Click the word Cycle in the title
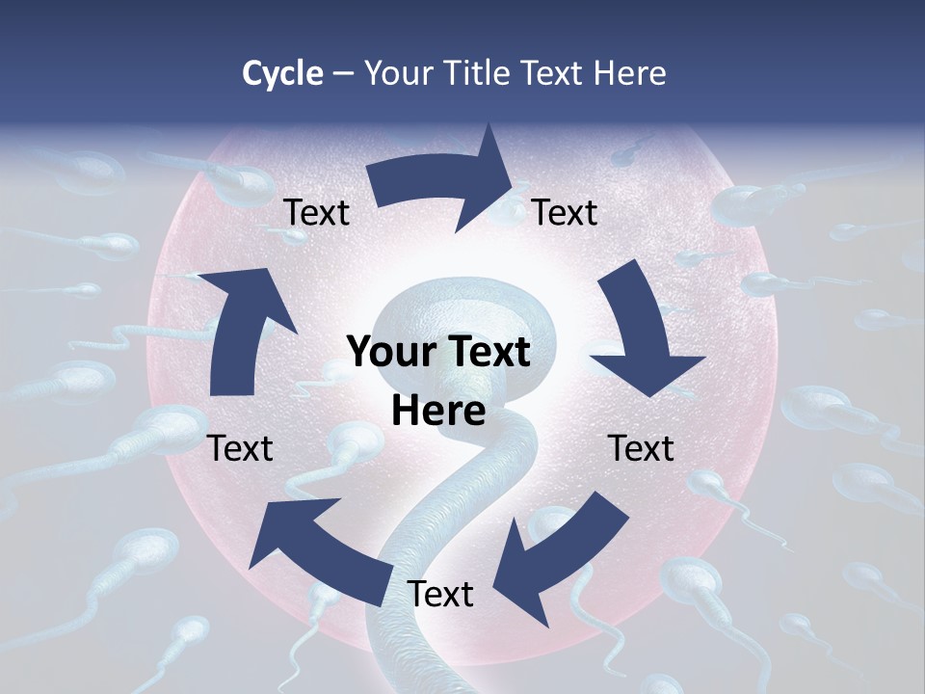[x=282, y=73]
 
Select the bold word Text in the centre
[x=486, y=352]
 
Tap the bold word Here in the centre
[x=438, y=411]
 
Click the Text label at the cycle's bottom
[x=440, y=595]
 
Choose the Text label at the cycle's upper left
[x=317, y=212]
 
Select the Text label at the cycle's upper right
[x=565, y=212]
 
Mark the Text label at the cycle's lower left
[x=241, y=448]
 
